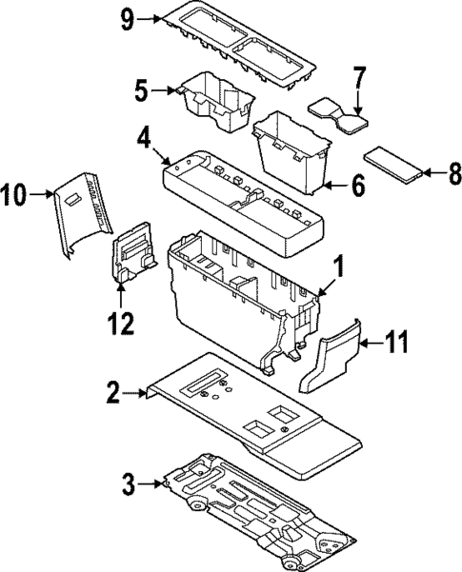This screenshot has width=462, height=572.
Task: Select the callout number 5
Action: pyautogui.click(x=142, y=91)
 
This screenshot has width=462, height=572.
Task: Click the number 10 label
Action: pyautogui.click(x=16, y=196)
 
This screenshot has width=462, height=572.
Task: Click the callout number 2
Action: pyautogui.click(x=113, y=392)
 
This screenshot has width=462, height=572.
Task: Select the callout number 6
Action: pyautogui.click(x=357, y=186)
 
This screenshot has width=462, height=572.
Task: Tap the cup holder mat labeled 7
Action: pyautogui.click(x=338, y=113)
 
